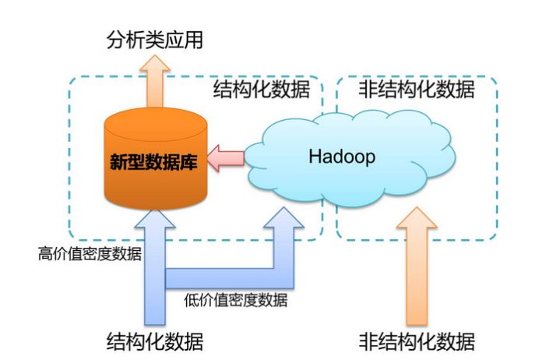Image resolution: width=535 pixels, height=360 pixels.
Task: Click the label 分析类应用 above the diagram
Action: point(153,40)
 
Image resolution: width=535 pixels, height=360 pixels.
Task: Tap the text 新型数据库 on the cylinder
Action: point(153,164)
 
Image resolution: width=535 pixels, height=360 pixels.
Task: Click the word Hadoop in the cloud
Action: point(342,156)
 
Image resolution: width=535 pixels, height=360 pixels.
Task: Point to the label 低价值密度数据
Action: point(236,300)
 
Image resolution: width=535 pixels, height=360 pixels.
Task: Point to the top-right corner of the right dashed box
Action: point(496,77)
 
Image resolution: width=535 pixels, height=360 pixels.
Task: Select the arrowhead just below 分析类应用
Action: point(154,65)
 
